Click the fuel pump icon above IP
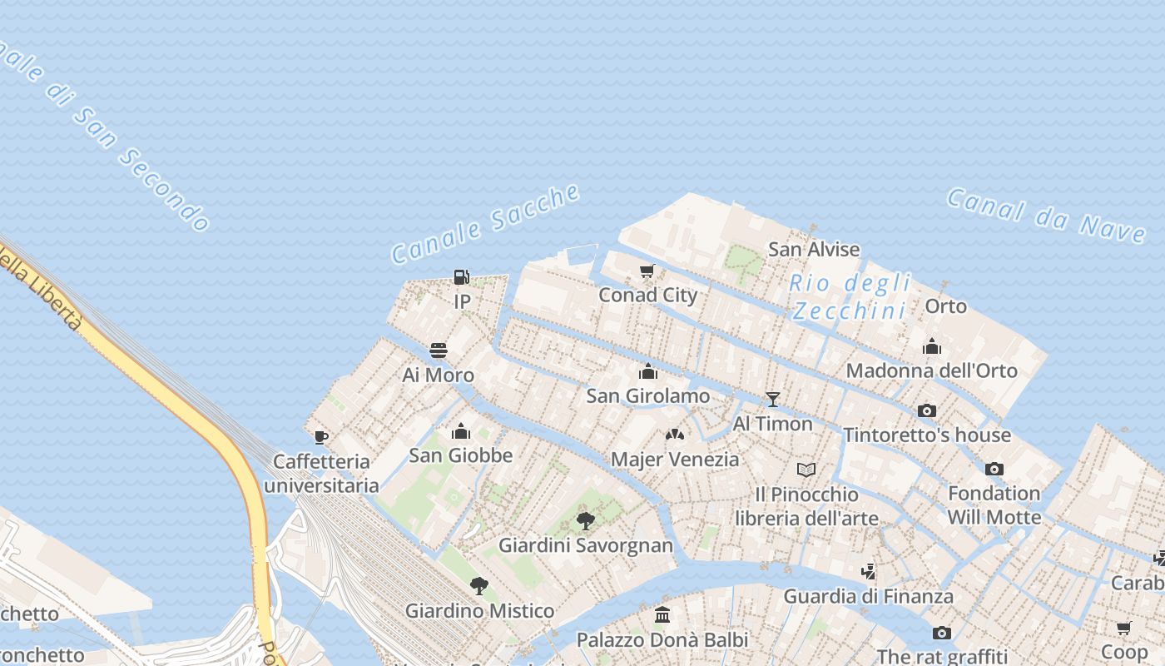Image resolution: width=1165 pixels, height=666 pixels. pyautogui.click(x=461, y=277)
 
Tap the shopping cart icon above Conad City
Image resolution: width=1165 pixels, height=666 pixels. pyautogui.click(x=647, y=271)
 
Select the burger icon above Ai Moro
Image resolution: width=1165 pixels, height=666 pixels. pyautogui.click(x=439, y=350)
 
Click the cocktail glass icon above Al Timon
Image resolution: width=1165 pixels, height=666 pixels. pyautogui.click(x=772, y=400)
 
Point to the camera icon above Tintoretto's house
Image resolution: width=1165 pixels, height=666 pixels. pyautogui.click(x=926, y=410)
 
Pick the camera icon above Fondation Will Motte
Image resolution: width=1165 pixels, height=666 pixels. pyautogui.click(x=994, y=469)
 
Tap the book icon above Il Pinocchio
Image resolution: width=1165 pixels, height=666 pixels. pyautogui.click(x=806, y=470)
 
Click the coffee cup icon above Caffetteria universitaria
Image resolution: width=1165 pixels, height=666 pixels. pyautogui.click(x=321, y=436)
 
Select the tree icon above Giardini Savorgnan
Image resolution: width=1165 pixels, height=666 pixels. pyautogui.click(x=586, y=521)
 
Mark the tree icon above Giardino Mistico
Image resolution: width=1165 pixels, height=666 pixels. pyautogui.click(x=478, y=586)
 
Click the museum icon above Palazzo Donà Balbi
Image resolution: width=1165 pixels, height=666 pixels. pyautogui.click(x=662, y=615)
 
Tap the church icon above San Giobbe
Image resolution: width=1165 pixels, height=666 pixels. pyautogui.click(x=460, y=431)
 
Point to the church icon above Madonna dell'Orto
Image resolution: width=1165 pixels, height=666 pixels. pyautogui.click(x=932, y=345)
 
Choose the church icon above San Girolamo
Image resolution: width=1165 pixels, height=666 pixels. pyautogui.click(x=648, y=371)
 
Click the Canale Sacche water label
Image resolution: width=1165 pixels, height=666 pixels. pyautogui.click(x=485, y=223)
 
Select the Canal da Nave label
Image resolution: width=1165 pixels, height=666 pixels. pyautogui.click(x=1045, y=215)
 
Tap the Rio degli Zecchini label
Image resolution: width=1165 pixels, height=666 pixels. pyautogui.click(x=850, y=296)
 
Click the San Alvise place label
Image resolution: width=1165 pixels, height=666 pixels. pyautogui.click(x=813, y=249)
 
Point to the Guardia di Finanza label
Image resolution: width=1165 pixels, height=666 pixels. pyautogui.click(x=868, y=596)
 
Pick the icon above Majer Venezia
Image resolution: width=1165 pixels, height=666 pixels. pyautogui.click(x=675, y=435)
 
